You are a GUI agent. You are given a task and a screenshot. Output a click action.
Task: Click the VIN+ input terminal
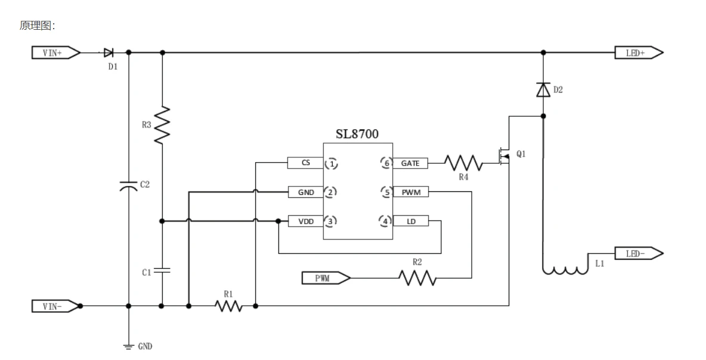point(56,52)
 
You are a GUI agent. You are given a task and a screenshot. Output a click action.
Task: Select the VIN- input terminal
point(55,306)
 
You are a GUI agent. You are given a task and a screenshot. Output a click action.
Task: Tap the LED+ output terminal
point(639,52)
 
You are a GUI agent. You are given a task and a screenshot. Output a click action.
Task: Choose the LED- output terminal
point(639,253)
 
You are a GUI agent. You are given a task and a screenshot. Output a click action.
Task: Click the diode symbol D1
point(109,52)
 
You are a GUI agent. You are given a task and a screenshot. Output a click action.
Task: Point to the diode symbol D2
point(543,89)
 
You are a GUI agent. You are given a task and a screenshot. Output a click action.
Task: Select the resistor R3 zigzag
point(162,125)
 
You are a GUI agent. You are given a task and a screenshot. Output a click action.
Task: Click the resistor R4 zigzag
point(463,163)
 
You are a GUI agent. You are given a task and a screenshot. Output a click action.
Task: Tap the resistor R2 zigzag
point(417,278)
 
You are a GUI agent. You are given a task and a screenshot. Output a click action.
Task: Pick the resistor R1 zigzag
point(229,306)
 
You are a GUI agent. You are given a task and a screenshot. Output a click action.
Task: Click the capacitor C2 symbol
point(129,186)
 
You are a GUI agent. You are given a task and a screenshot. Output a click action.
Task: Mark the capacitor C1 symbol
point(162,271)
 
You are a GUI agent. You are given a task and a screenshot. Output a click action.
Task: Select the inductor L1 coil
point(565,270)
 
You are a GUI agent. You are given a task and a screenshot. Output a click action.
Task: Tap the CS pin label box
point(306,163)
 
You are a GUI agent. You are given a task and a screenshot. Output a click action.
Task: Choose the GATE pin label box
point(410,163)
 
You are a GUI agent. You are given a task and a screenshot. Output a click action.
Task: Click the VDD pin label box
point(306,221)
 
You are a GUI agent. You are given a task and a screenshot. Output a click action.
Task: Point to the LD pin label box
point(411,221)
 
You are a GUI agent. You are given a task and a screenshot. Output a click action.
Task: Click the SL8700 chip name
point(357,134)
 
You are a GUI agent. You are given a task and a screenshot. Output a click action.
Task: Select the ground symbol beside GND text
point(129,346)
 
